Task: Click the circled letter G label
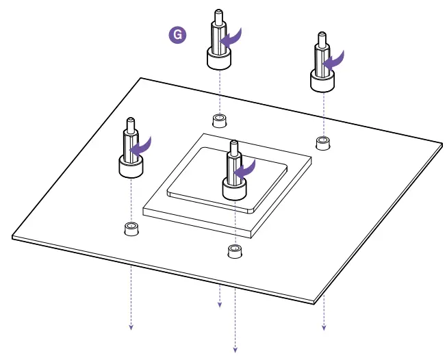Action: [178, 36]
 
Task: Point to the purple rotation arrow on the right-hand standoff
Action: [334, 60]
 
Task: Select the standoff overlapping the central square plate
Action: [234, 174]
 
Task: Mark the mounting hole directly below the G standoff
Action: [219, 120]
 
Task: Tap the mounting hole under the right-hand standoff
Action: [322, 142]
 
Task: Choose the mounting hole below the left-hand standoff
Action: [130, 228]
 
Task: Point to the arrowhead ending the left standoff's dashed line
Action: [130, 326]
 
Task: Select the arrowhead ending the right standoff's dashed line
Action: [324, 326]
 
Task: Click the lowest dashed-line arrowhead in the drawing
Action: [235, 350]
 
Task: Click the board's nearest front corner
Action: [318, 301]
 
